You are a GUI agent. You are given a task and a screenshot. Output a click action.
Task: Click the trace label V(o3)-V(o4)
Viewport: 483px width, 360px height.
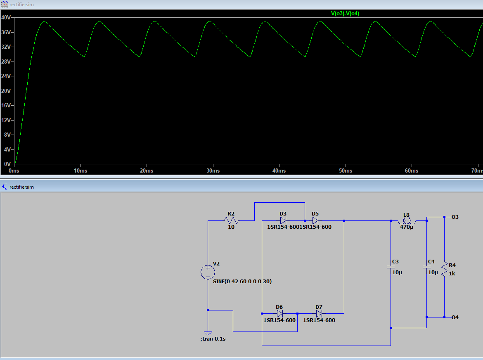pos(345,13)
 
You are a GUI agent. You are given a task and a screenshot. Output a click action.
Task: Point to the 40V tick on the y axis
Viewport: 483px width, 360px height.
pos(6,18)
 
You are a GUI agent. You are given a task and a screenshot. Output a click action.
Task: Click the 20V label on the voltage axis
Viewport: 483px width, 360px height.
pos(6,91)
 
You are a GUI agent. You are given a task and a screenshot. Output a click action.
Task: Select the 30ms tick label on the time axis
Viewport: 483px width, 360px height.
pos(213,171)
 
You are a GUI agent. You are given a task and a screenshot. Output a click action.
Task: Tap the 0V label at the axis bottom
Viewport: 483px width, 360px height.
pos(7,164)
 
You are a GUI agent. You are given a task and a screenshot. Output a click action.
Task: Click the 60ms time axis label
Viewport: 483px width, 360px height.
pos(412,171)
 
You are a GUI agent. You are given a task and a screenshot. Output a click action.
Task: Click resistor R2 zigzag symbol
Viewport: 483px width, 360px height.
pos(231,220)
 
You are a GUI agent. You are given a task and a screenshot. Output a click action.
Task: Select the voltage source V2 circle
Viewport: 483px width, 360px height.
pos(208,272)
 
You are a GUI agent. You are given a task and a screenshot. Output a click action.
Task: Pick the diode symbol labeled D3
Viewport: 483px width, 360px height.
pos(283,220)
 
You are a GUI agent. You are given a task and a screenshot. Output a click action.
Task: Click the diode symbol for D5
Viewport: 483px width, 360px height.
pos(315,220)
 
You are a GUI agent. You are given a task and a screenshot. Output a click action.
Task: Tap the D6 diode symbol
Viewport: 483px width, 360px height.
pos(280,314)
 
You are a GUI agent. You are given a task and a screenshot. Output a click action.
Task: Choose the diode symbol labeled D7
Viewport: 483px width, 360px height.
pos(319,314)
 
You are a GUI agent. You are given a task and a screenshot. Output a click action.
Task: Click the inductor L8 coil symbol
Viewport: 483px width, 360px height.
pos(407,221)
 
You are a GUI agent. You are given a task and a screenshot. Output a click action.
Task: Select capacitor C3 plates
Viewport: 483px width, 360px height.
pos(391,267)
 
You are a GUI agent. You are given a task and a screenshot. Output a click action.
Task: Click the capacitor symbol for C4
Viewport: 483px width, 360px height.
pos(426,267)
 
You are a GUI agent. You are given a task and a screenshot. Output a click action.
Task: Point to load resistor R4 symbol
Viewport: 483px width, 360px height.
pos(445,269)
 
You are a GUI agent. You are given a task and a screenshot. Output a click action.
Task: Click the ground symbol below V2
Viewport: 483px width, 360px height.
pos(208,333)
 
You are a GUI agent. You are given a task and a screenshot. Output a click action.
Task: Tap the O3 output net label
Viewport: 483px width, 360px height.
pos(455,217)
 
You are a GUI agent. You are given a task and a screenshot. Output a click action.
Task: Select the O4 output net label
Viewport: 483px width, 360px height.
pos(455,317)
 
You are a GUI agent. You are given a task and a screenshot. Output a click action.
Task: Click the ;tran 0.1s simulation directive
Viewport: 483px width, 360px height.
pos(213,339)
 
